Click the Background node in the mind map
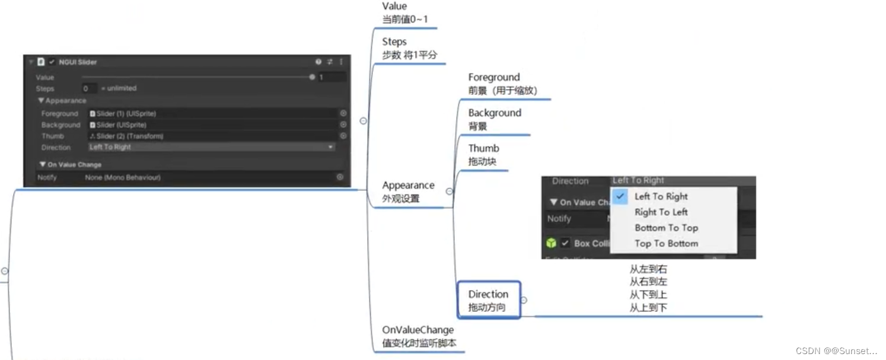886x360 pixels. [495, 119]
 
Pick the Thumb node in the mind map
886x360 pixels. [483, 155]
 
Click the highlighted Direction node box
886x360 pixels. [489, 300]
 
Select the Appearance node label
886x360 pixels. [408, 192]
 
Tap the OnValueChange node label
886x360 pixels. [419, 336]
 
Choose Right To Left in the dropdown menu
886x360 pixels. [661, 212]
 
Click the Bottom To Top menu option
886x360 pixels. [666, 228]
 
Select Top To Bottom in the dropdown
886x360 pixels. [666, 243]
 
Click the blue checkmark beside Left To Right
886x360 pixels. [620, 196]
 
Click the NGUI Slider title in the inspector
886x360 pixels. [78, 62]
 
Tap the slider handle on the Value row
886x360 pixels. [312, 77]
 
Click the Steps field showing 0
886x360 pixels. [89, 88]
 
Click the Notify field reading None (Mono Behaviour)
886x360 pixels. [211, 177]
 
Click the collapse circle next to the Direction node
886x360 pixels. [523, 300]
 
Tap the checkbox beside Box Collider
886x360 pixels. [565, 243]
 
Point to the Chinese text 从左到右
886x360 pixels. [648, 269]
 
